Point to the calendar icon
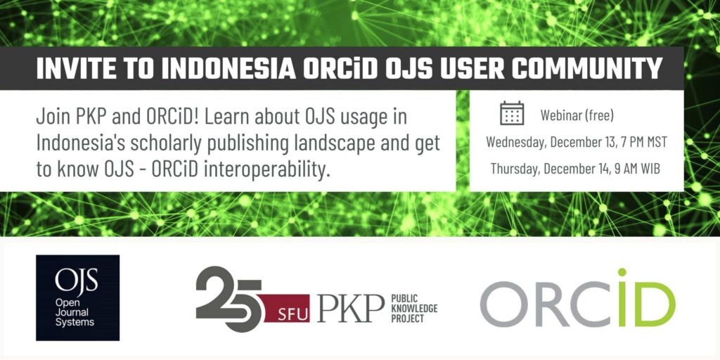(512, 113)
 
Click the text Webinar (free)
(577, 115)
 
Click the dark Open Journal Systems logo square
(77, 297)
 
